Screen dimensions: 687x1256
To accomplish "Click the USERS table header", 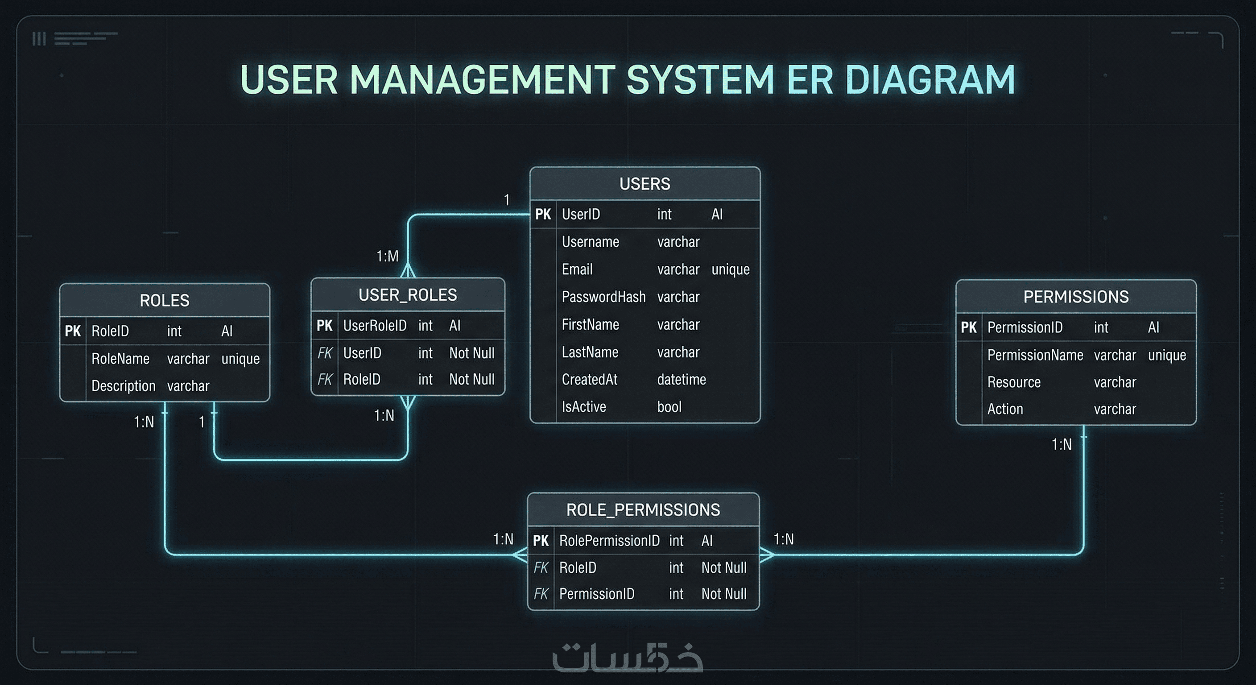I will [x=645, y=184].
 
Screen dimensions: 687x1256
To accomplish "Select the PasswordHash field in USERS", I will [x=603, y=297].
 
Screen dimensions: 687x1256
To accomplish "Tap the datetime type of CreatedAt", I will [x=681, y=379].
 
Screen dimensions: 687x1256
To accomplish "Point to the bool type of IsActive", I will [x=669, y=407].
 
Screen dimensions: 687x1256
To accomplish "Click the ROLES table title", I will [x=164, y=300].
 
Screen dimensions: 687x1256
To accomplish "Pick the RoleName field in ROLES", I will [x=120, y=359].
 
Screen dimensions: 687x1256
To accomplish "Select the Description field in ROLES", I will [x=124, y=386].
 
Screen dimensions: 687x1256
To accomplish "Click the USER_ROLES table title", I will [x=408, y=295].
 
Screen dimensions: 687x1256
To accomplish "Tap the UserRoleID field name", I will [x=375, y=326].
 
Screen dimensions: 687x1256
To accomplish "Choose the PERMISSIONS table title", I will [x=1076, y=297].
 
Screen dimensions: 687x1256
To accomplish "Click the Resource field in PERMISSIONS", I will [x=1014, y=382].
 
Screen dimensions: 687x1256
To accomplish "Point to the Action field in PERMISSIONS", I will [x=1005, y=409].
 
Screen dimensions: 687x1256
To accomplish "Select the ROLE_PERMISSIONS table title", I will [x=643, y=510].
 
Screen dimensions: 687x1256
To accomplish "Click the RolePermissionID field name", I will [x=609, y=541].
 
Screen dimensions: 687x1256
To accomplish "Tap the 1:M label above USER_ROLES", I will [x=387, y=256].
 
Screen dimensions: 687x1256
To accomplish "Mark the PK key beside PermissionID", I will [x=968, y=327].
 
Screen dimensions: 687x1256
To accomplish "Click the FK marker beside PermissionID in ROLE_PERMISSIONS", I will [x=541, y=594].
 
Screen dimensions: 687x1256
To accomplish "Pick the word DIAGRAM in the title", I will [x=930, y=79].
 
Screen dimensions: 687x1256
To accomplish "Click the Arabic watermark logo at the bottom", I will [x=628, y=658].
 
